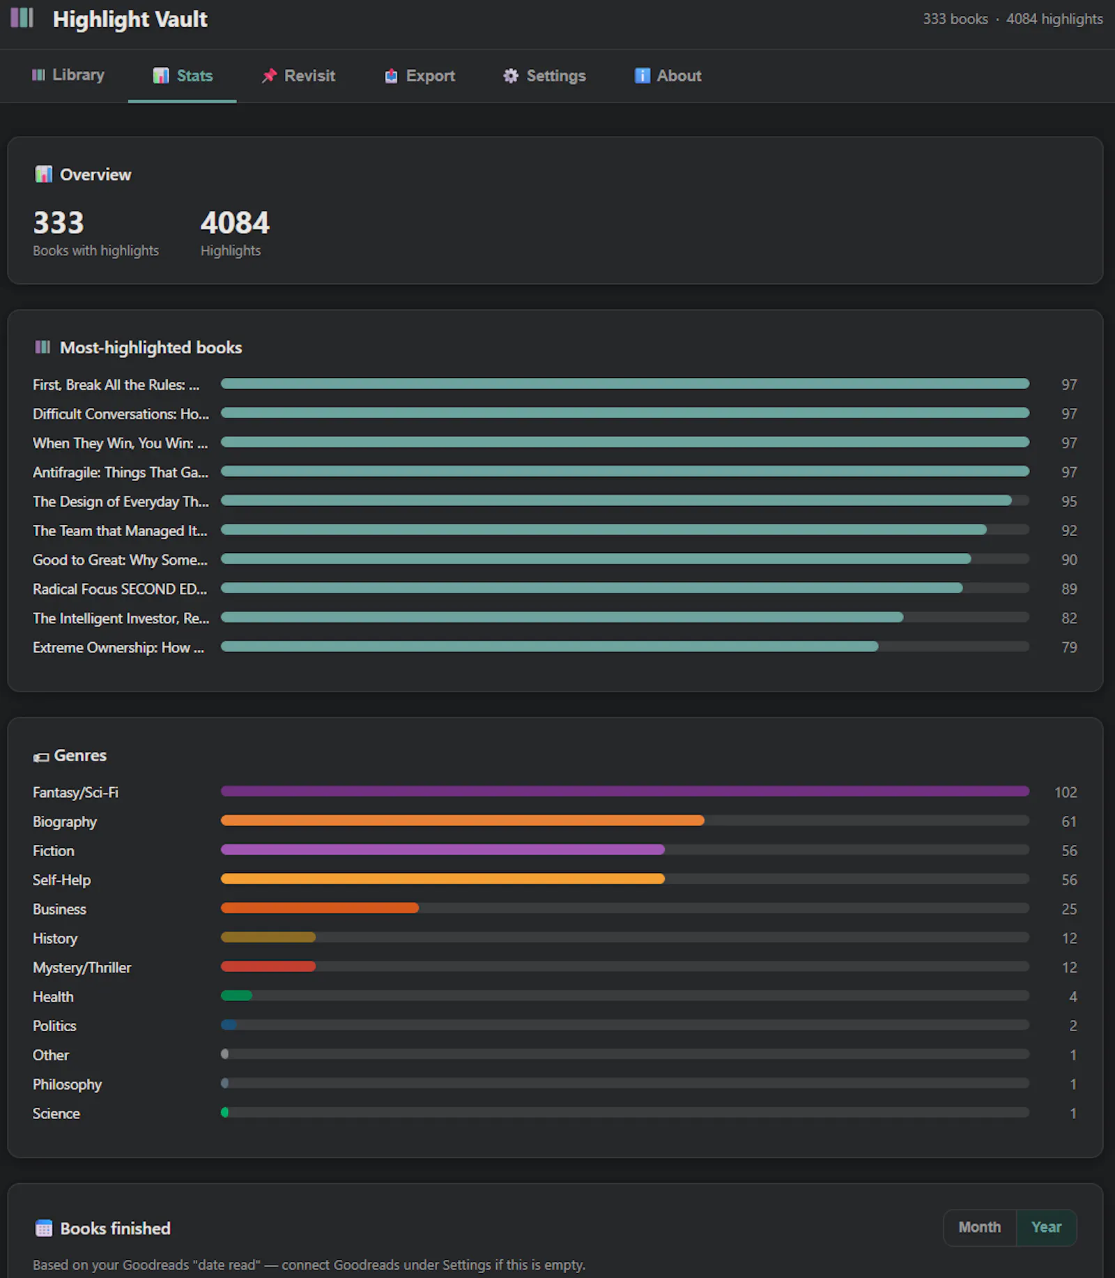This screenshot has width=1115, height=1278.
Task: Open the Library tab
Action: point(68,75)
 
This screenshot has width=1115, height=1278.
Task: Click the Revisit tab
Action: point(298,76)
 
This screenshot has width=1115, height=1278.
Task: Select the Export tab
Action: point(420,76)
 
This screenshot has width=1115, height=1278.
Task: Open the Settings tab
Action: point(544,76)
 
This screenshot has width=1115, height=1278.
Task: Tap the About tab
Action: point(668,76)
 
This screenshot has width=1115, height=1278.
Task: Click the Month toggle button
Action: point(979,1227)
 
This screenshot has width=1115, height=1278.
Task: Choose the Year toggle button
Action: point(1046,1227)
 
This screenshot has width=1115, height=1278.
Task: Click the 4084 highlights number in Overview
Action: point(235,223)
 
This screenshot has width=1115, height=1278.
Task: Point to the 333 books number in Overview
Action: point(59,223)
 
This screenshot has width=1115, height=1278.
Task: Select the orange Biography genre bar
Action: point(462,821)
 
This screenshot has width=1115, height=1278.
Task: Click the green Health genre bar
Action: point(236,996)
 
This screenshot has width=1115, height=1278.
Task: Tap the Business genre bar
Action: point(320,908)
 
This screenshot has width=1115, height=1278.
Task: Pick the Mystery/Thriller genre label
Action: point(82,967)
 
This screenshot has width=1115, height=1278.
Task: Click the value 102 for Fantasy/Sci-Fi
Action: point(1066,792)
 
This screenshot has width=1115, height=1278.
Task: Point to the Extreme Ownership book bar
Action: point(549,646)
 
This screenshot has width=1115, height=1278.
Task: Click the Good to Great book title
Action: point(120,560)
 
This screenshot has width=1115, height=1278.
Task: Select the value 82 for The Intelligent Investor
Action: point(1069,618)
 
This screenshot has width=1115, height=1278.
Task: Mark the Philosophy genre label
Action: point(67,1084)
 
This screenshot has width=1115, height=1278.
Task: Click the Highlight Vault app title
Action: point(130,20)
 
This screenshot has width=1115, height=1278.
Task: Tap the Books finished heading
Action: point(115,1228)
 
